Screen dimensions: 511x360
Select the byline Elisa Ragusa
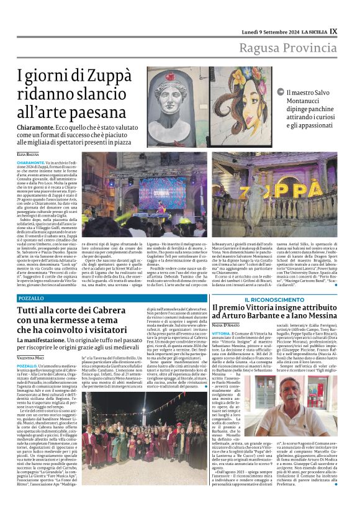(28, 153)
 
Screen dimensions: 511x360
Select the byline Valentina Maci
(32, 359)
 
